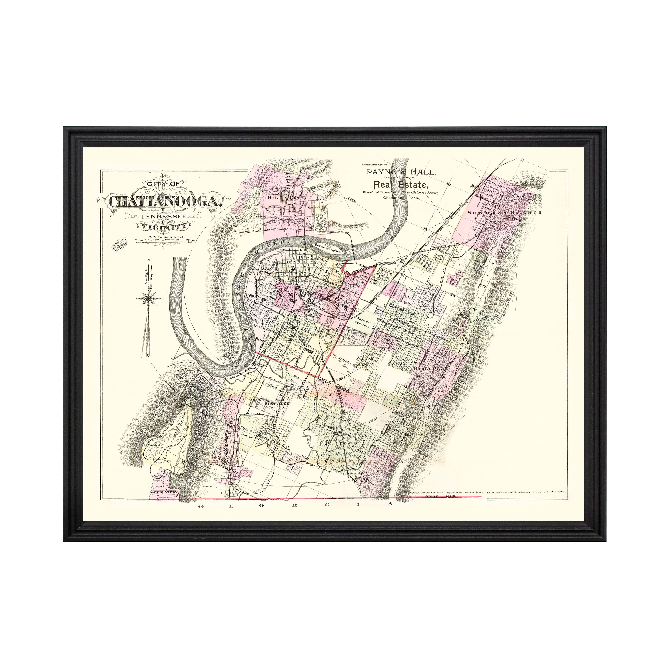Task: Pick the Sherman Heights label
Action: coord(504,212)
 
